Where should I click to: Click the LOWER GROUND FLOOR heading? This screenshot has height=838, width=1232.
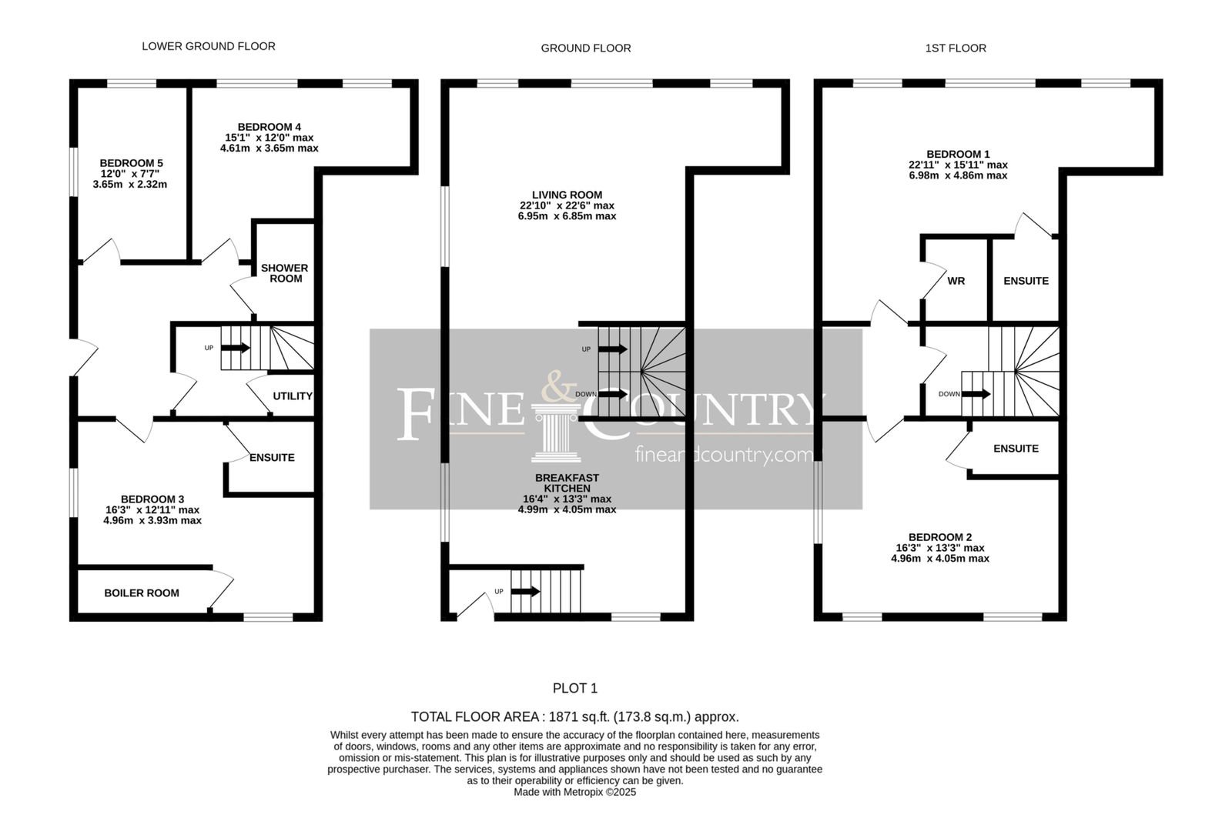(x=209, y=46)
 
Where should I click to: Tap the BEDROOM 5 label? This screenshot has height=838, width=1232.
(x=131, y=163)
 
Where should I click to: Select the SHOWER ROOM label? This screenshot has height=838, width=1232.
(x=284, y=273)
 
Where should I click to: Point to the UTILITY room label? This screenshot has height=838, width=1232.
(x=293, y=396)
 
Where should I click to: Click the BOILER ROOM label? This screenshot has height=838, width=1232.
(x=142, y=593)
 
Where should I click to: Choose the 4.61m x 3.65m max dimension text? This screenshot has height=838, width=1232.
(x=269, y=148)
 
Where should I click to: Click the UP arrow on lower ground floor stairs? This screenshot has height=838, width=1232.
(x=236, y=348)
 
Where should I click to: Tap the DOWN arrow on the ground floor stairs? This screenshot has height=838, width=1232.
(x=613, y=394)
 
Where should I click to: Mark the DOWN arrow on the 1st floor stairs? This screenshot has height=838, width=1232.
(x=976, y=394)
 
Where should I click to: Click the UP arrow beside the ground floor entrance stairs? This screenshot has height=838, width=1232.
(x=525, y=591)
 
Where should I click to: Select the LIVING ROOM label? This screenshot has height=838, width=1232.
(x=567, y=195)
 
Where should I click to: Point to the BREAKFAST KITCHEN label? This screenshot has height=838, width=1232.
(x=567, y=483)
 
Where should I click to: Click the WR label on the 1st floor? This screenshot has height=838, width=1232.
(x=956, y=281)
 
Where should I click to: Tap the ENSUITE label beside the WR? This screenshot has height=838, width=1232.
(x=1026, y=281)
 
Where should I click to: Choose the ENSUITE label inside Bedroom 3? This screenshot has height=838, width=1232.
(x=272, y=457)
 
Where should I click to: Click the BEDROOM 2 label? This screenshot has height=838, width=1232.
(x=940, y=537)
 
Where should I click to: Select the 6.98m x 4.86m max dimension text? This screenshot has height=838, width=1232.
(x=958, y=175)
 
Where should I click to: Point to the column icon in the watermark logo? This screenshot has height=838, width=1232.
(x=556, y=432)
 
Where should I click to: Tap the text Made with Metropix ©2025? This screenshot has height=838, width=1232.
(x=574, y=792)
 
